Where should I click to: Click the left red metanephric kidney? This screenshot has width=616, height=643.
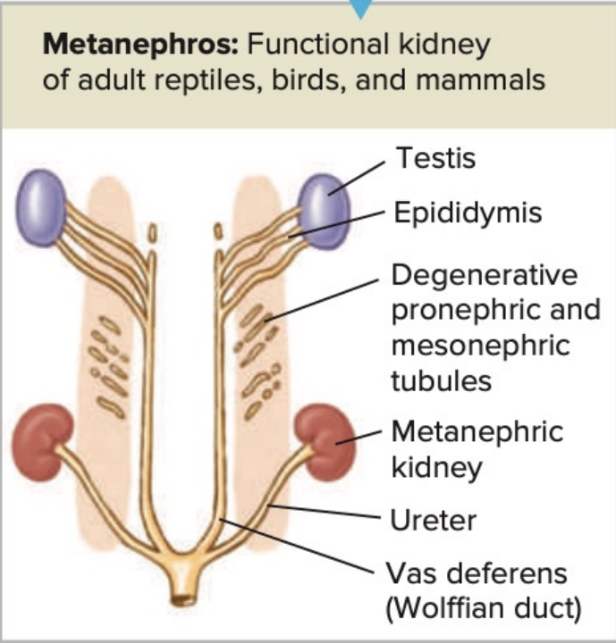pyautogui.click(x=45, y=436)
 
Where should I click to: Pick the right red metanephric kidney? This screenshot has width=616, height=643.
pyautogui.click(x=325, y=436)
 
